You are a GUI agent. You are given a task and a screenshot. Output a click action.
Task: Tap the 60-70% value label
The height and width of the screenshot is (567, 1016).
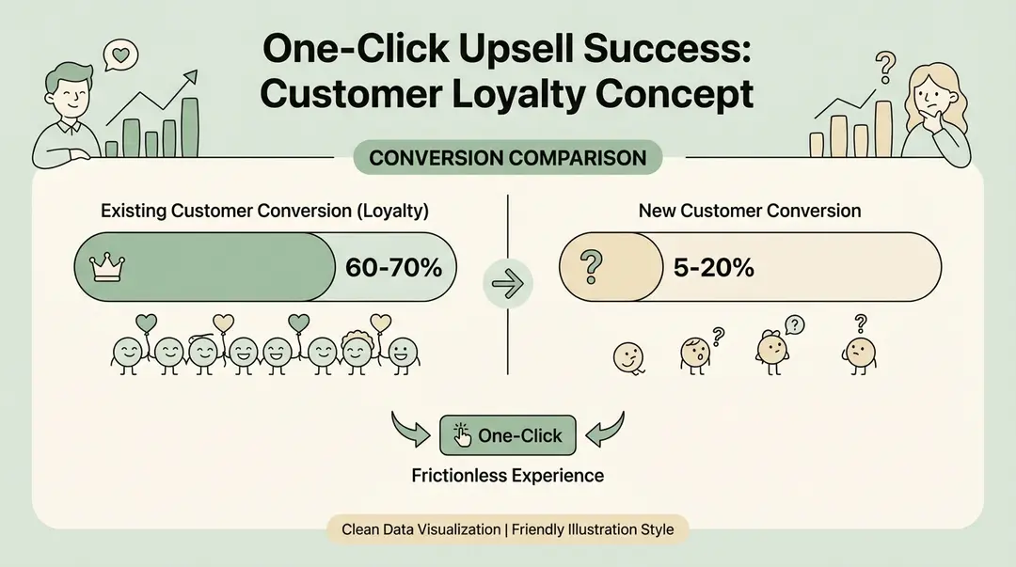pyautogui.click(x=393, y=267)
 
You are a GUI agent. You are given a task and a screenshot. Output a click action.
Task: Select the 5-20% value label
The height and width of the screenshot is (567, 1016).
pyautogui.click(x=713, y=267)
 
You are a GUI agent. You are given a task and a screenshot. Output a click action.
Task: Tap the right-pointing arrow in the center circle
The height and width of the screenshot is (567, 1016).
pyautogui.click(x=507, y=281)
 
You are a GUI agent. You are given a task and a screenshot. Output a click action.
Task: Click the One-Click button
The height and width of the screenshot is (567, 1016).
pyautogui.click(x=508, y=435)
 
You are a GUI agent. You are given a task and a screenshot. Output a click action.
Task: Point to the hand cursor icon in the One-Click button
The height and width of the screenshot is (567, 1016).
pyautogui.click(x=462, y=434)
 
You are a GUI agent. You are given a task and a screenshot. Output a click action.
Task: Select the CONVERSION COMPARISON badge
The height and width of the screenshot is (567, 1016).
pyautogui.click(x=507, y=157)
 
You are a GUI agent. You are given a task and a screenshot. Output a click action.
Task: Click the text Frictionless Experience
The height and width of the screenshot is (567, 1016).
pyautogui.click(x=508, y=475)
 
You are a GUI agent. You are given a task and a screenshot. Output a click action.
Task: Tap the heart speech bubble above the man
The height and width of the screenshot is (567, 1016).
pyautogui.click(x=119, y=55)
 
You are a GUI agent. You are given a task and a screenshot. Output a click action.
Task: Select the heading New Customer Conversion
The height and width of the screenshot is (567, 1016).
pyautogui.click(x=750, y=211)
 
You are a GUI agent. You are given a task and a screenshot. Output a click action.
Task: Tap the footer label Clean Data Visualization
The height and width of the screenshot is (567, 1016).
pyautogui.click(x=421, y=529)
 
